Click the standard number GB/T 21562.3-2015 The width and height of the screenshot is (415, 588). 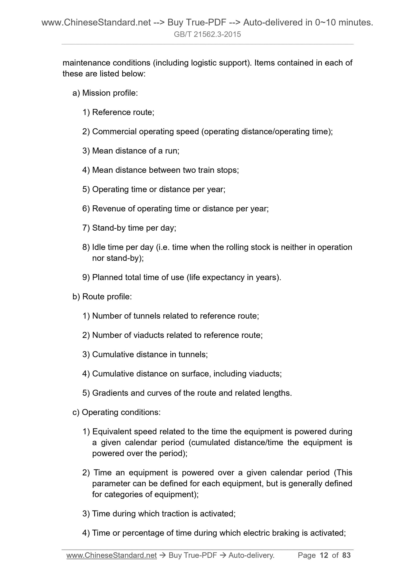point(207,34)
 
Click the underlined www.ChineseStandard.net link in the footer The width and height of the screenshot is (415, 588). point(112,555)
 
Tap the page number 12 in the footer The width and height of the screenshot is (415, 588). point(324,555)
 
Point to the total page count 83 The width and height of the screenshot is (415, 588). point(347,555)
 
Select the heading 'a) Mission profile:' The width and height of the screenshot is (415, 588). point(105,93)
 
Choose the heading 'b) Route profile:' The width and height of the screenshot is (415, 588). point(102,296)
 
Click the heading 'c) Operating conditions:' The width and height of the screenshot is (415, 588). point(116,412)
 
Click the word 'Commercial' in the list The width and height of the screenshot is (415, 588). point(114,131)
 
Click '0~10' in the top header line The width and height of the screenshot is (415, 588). point(325,23)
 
